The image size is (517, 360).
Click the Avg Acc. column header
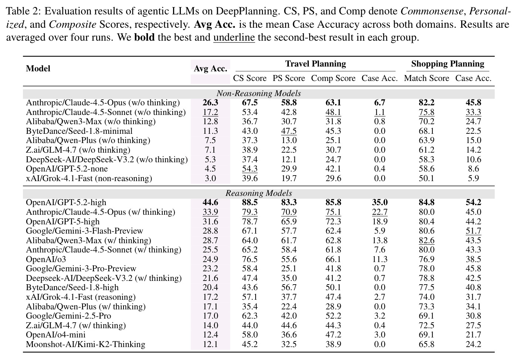pos(210,68)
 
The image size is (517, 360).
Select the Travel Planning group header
pos(315,64)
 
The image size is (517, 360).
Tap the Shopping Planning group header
pos(447,64)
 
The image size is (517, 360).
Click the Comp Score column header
pos(333,78)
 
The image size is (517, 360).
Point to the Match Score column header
pos(426,78)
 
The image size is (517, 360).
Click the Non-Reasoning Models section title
pos(259,94)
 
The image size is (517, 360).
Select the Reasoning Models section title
pos(259,193)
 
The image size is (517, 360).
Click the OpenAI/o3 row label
pos(46,259)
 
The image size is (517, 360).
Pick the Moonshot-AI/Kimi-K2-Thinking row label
pos(86,344)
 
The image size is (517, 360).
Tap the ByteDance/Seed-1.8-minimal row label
pos(79,131)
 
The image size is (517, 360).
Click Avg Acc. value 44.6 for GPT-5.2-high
pos(210,203)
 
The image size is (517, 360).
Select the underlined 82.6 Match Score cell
pos(426,240)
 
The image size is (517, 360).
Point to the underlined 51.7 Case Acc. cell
pos(473,231)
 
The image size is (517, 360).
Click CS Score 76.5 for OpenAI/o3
pos(250,259)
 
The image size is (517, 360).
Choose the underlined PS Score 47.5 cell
pos(289,131)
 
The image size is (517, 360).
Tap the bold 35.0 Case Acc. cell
pos(380,203)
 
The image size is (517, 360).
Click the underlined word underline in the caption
pos(234,37)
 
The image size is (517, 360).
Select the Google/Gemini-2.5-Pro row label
pos(68,316)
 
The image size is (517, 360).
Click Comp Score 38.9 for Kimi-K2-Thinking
pos(333,344)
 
